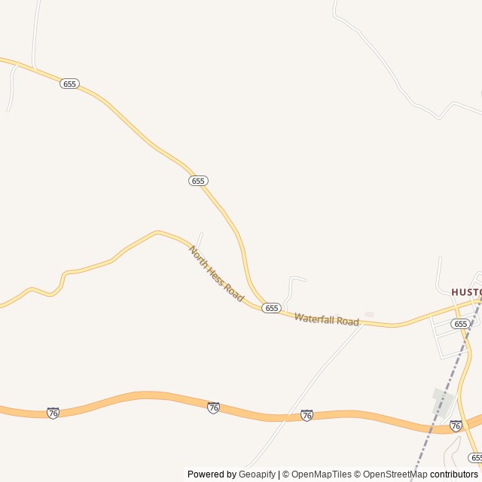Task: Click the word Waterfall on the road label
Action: tap(316, 319)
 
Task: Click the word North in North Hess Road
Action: tap(197, 255)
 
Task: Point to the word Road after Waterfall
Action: tap(348, 322)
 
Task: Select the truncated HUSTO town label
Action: tap(465, 291)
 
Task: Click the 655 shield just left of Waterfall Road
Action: tap(272, 308)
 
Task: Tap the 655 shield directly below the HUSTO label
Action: tap(460, 323)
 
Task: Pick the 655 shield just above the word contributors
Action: tap(474, 457)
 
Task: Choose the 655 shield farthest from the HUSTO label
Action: tap(69, 84)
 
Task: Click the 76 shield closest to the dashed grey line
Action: tap(456, 426)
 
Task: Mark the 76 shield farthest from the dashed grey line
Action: tap(53, 413)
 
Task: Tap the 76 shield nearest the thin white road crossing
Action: tap(307, 415)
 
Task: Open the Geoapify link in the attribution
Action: tap(258, 474)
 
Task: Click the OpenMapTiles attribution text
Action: tap(322, 474)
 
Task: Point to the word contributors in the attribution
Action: tap(454, 474)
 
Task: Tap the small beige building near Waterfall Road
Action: tap(369, 314)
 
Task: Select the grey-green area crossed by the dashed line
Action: tap(441, 399)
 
